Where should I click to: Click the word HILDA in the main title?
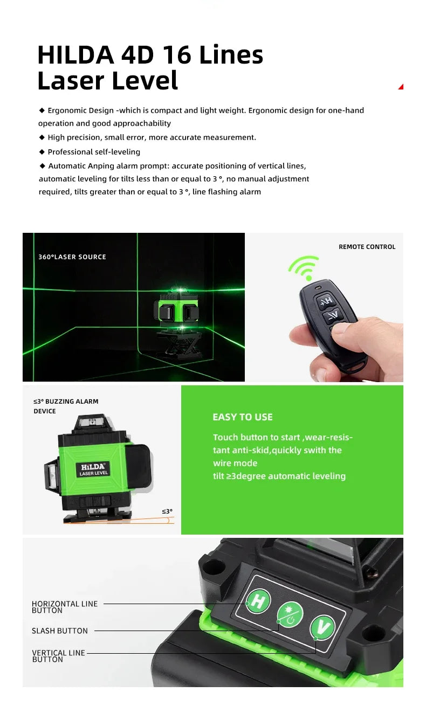(75, 55)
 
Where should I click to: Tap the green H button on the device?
(258, 601)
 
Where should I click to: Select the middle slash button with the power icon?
(290, 614)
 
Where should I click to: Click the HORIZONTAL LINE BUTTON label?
(65, 607)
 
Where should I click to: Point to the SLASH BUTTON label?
(59, 631)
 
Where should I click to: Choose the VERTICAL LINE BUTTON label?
(58, 656)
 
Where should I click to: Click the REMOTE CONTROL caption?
(367, 247)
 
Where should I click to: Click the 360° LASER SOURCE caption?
(72, 257)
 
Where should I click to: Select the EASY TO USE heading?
(243, 417)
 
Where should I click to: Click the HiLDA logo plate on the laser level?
(94, 469)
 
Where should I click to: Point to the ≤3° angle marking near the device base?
(167, 511)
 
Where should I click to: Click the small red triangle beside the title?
(401, 87)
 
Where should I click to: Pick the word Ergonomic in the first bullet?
(65, 110)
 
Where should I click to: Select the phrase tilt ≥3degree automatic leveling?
(279, 476)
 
